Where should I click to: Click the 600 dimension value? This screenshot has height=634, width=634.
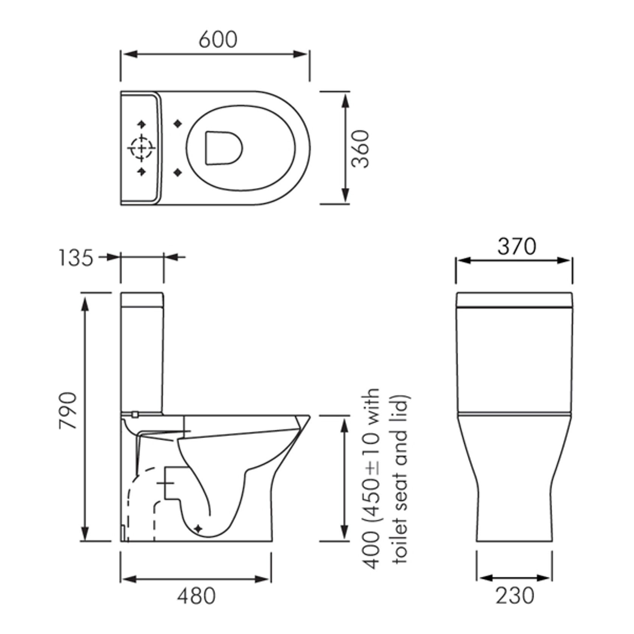click(x=218, y=40)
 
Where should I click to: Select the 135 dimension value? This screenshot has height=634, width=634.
click(x=76, y=258)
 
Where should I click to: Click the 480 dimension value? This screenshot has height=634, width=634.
click(x=196, y=596)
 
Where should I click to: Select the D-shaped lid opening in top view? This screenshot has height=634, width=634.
click(x=223, y=148)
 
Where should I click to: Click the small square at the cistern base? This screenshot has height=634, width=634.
click(x=134, y=415)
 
